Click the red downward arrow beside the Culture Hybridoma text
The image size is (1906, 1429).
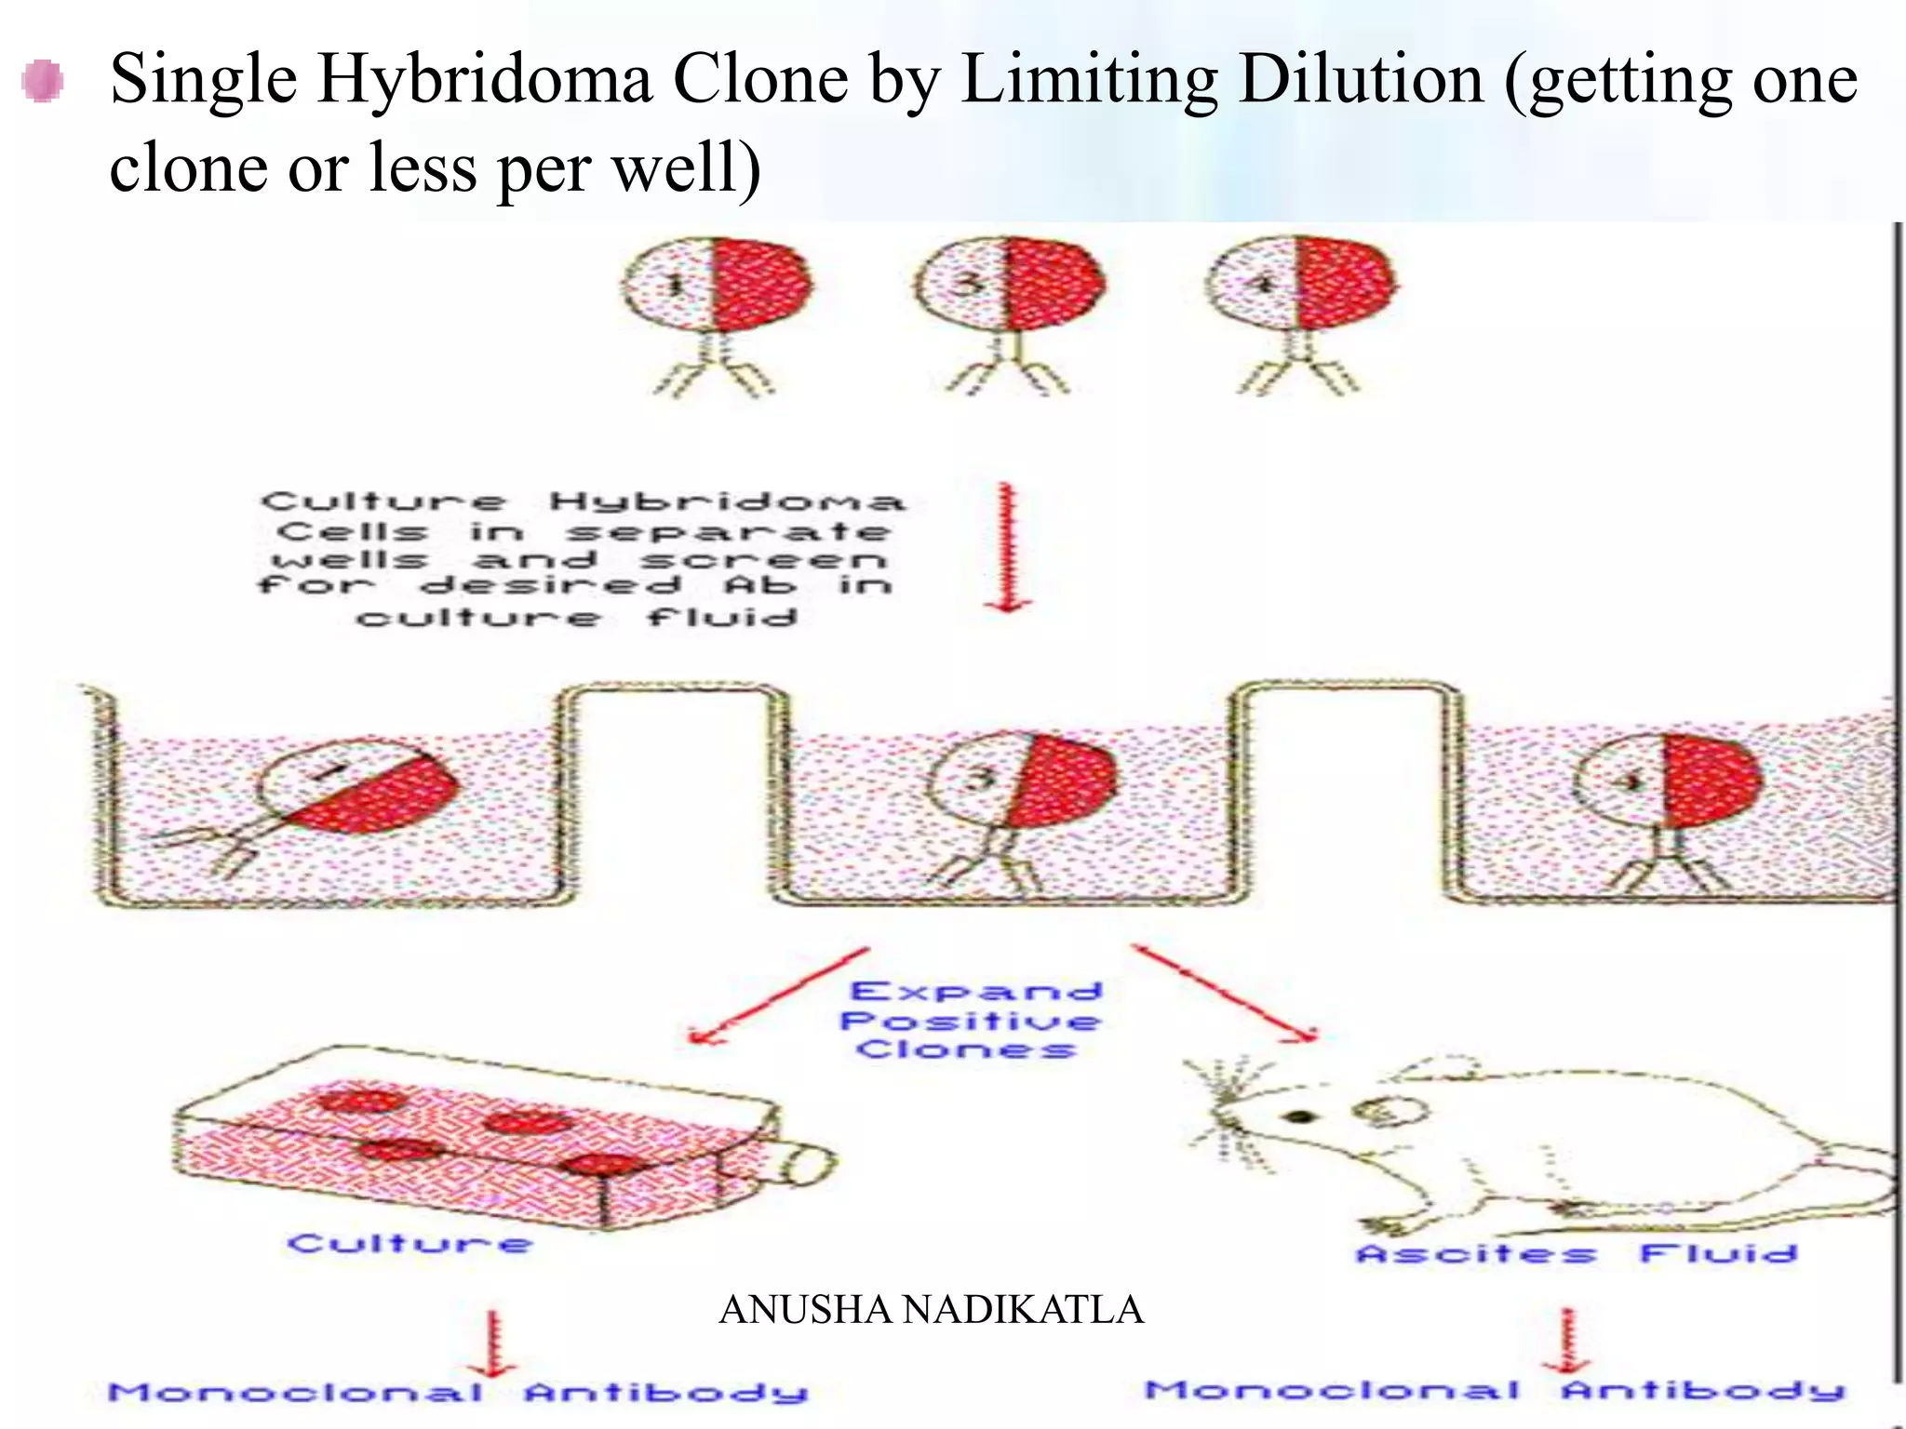pos(1007,547)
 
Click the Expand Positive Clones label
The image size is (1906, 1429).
pos(971,1021)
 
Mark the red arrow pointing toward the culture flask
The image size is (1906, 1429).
pos(779,995)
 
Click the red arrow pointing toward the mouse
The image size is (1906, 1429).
pos(1225,993)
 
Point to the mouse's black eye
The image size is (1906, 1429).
pos(1300,1117)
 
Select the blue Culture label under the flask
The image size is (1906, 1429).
pos(410,1244)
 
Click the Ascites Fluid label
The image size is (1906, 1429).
pos(1576,1253)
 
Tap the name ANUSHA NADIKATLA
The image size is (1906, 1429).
pos(931,1310)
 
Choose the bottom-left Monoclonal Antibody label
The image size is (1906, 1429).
pos(458,1393)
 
